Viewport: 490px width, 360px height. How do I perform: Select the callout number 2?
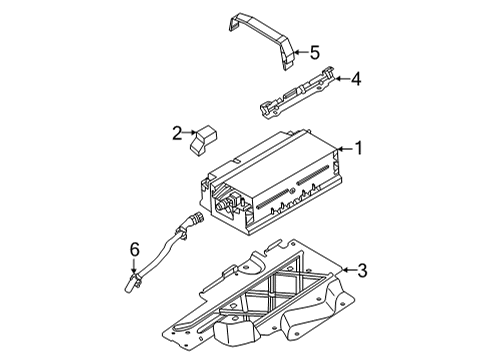[x=177, y=132]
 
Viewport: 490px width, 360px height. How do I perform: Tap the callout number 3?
[x=363, y=269]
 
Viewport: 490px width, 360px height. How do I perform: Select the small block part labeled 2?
[x=207, y=137]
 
